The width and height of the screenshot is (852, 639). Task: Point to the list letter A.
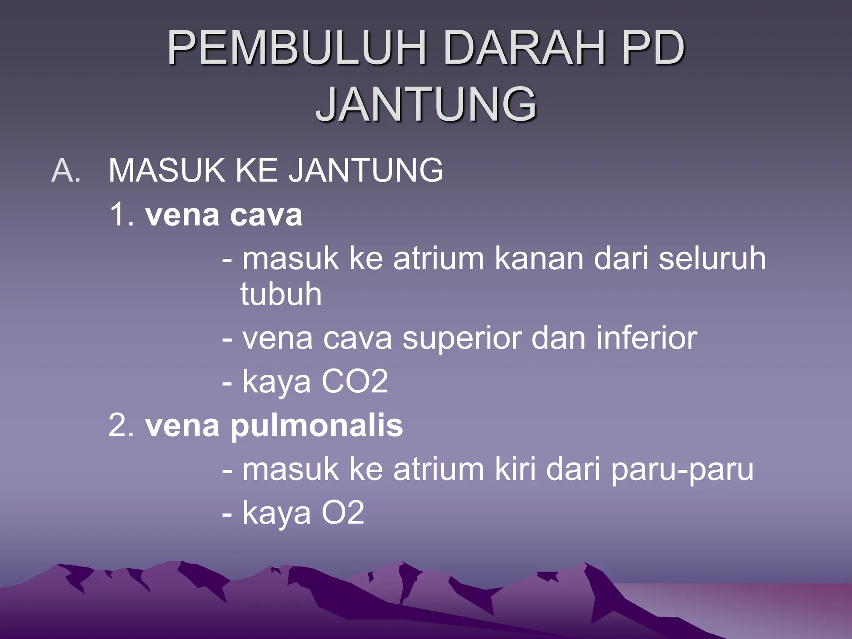[66, 171]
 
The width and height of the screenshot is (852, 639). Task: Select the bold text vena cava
[224, 215]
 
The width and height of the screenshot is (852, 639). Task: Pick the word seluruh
[712, 259]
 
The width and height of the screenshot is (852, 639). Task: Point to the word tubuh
[281, 295]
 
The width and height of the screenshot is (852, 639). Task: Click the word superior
[462, 339]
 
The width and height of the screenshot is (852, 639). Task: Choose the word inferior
[646, 339]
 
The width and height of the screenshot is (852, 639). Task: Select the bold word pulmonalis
[317, 426]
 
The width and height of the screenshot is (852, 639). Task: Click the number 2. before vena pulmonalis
[121, 426]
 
